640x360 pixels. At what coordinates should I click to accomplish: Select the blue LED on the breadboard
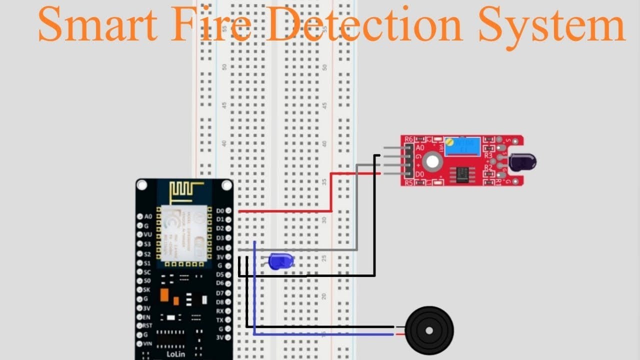pos(280,261)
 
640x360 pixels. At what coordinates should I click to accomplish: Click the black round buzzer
pos(429,330)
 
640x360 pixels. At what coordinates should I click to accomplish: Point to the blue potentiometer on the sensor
pos(462,146)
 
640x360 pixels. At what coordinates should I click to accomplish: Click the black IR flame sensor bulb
pos(522,161)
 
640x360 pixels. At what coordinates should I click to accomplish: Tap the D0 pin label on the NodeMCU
pos(220,210)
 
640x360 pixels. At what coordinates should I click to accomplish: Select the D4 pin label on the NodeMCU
pos(220,247)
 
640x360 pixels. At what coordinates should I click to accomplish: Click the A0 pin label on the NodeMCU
pos(148,216)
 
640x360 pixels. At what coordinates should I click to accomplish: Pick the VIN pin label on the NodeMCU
pos(148,343)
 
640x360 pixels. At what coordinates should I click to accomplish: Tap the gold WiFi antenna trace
pos(187,192)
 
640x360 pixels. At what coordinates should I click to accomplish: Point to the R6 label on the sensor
pos(409,139)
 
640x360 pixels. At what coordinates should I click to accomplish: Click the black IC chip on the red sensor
pos(462,173)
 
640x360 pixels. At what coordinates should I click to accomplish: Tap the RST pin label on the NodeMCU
pos(148,325)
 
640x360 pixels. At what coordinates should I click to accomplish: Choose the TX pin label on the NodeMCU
pos(220,319)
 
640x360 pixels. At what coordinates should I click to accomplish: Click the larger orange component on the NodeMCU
pos(164,294)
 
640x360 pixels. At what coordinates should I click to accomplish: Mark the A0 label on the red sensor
pos(420,148)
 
